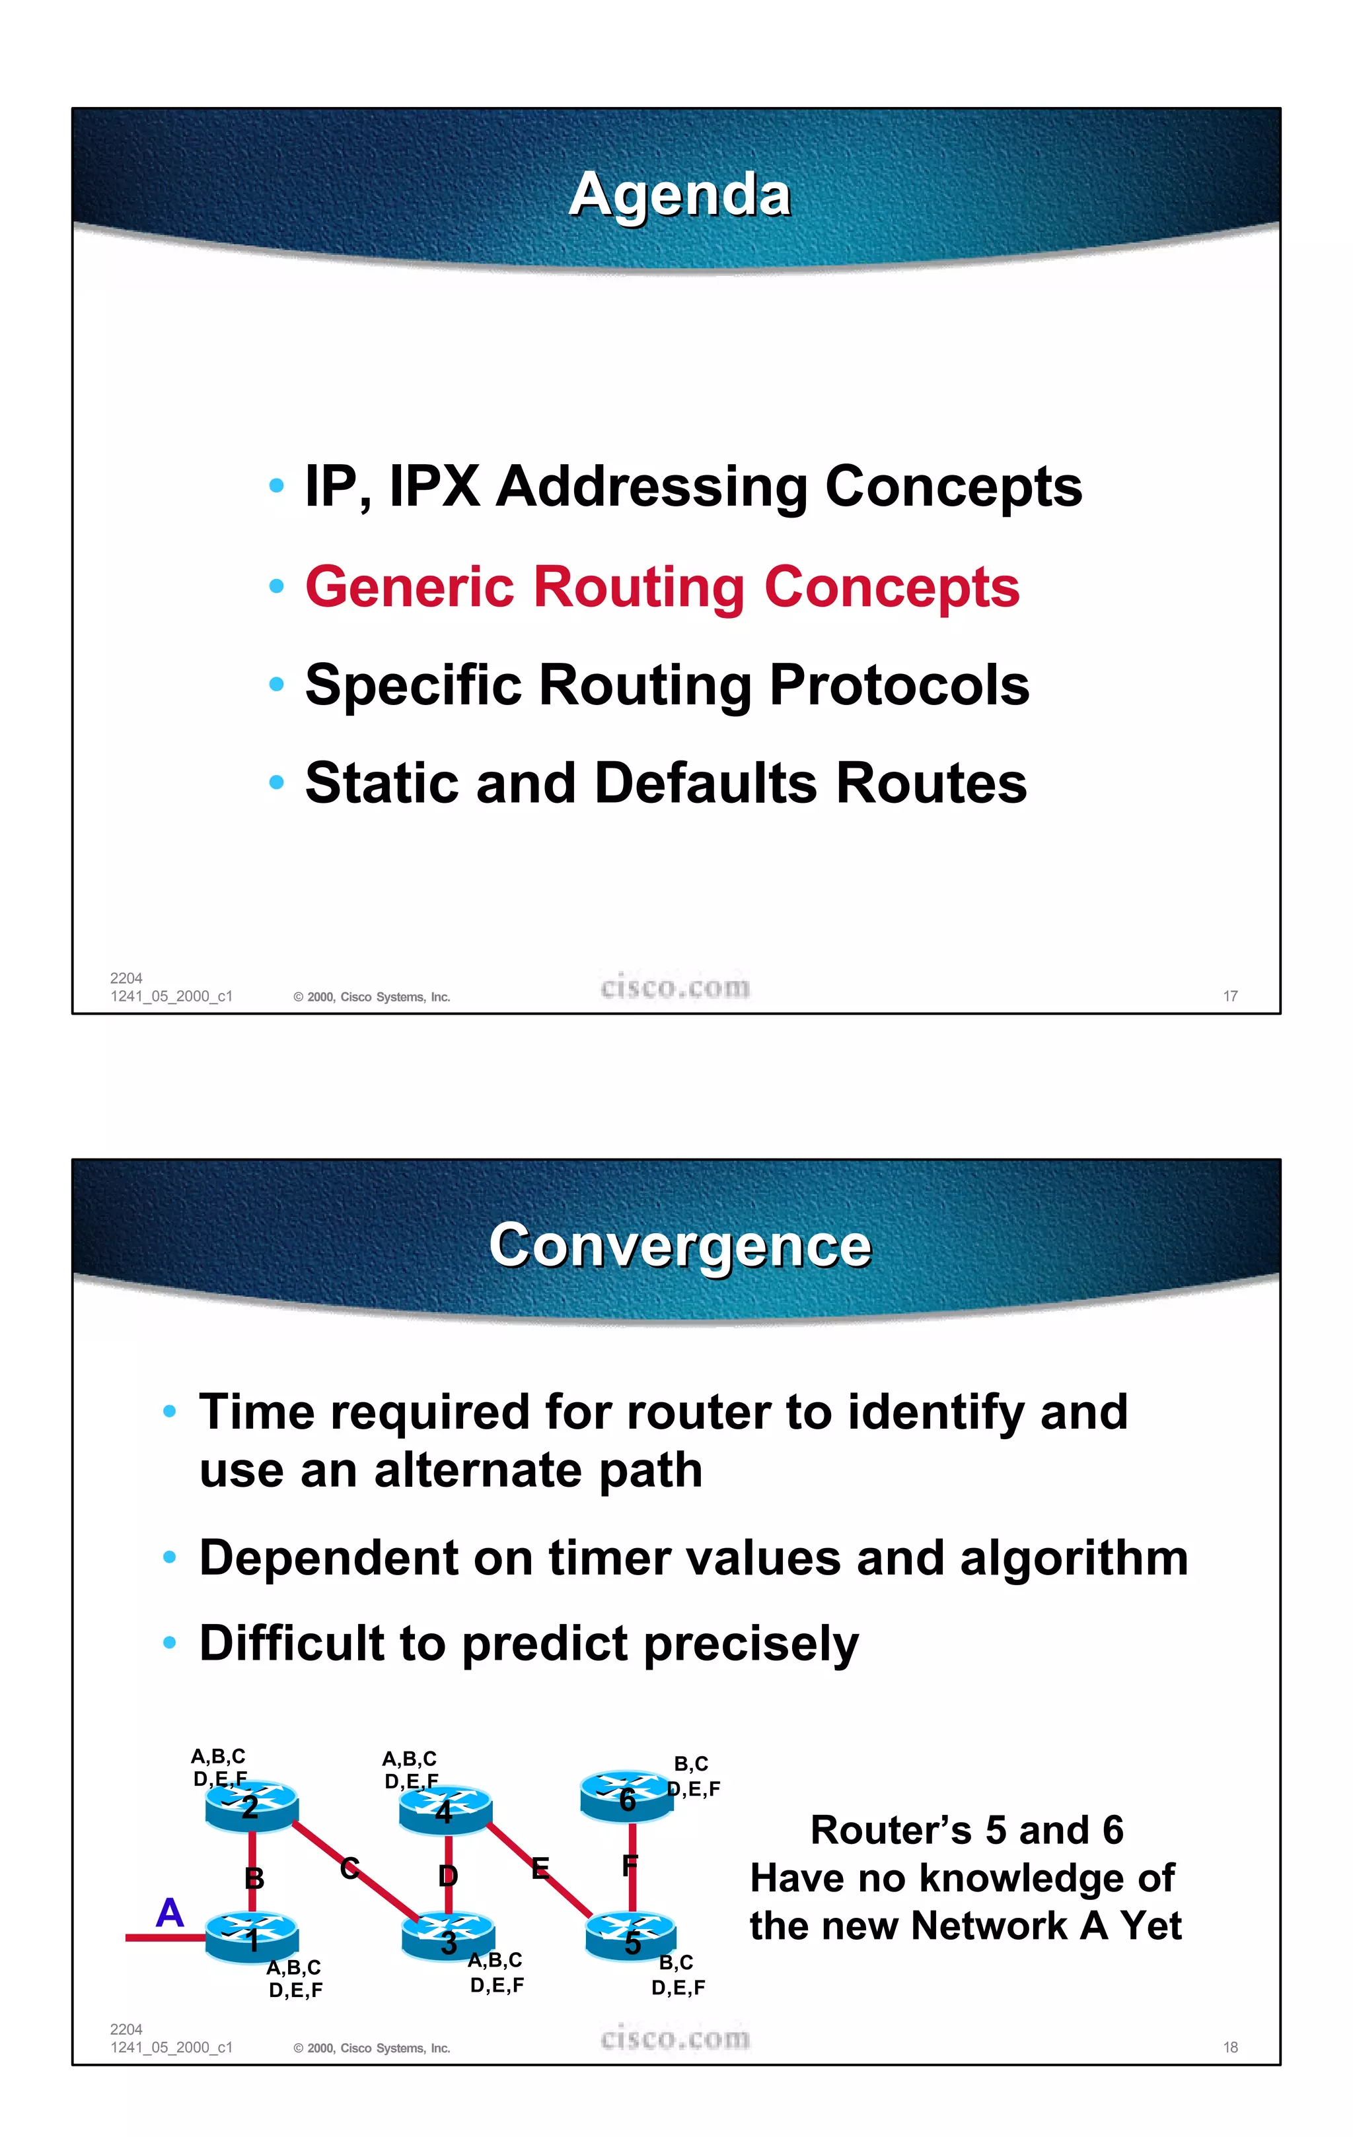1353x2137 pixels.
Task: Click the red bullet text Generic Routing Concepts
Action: point(662,588)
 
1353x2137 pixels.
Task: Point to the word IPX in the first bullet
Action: point(435,487)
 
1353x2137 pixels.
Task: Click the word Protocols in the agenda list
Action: point(898,685)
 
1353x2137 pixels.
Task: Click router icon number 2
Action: point(251,1806)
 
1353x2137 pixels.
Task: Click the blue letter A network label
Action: point(170,1913)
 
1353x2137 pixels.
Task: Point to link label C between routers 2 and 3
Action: point(349,1868)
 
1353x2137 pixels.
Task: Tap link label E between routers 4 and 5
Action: point(540,1869)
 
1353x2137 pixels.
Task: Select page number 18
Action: point(1229,2047)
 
